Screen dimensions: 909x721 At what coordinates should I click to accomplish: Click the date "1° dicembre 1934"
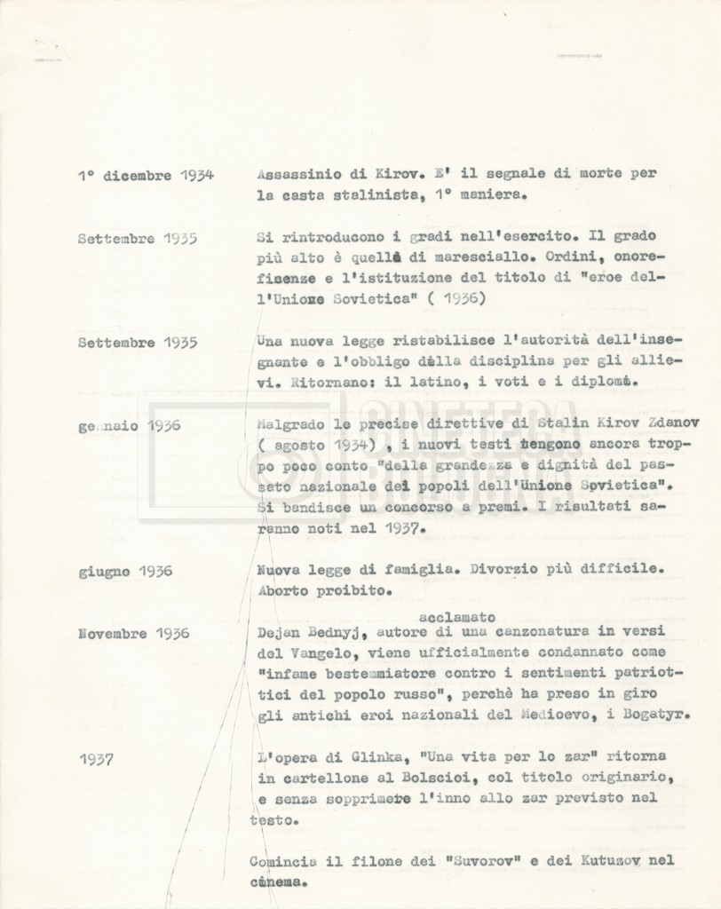pos(146,176)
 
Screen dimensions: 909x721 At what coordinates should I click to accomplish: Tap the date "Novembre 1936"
pos(134,634)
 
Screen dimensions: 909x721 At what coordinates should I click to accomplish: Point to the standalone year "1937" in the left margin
pos(96,759)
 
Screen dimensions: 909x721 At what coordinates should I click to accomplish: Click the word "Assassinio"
pos(294,174)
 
